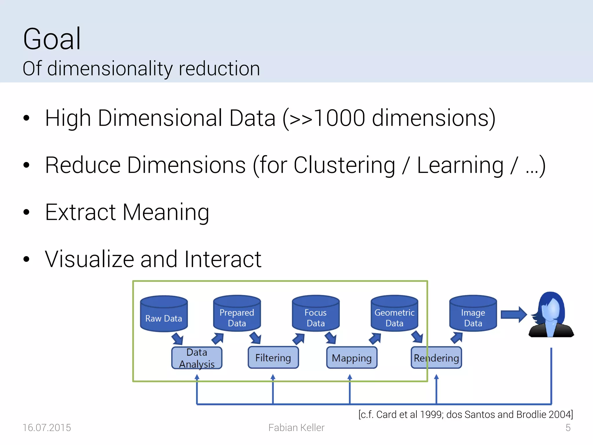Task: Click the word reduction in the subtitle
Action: pos(219,69)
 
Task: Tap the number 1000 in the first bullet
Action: pos(339,118)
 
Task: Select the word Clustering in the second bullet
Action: pos(344,165)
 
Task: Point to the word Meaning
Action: pos(166,212)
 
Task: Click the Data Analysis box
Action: pos(197,358)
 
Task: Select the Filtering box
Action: pos(273,358)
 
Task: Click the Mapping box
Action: pos(352,358)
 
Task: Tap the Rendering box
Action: pos(436,358)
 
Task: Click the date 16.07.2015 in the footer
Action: pos(47,428)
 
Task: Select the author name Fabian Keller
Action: pos(296,428)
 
